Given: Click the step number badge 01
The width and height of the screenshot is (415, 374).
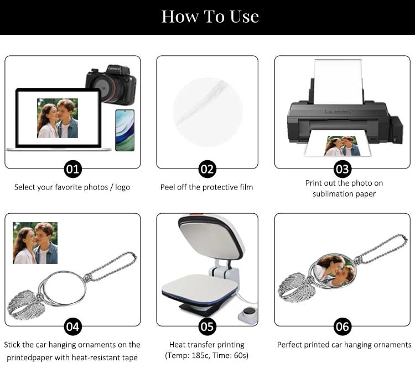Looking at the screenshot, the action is pos(73,169).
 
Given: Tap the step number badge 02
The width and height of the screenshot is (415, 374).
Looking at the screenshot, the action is pos(207,169).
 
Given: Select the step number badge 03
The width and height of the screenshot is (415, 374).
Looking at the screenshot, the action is pos(343,169).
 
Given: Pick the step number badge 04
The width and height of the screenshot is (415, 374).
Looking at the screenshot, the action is pos(73,326).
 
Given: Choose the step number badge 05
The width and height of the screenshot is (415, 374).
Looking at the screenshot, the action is pos(207,326).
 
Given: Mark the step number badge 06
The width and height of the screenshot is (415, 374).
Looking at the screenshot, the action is pos(343,326).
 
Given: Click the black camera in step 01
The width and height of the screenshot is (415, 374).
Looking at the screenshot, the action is pos(111,84).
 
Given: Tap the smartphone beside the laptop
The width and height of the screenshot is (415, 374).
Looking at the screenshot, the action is pos(125,130).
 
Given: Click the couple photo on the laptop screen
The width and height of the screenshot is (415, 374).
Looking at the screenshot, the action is pos(58,118).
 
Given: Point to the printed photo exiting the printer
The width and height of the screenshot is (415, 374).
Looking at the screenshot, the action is pos(342,146).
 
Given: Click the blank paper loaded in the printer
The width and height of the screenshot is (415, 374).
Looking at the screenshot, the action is pos(338,82).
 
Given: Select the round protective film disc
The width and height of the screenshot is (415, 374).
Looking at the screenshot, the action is pos(207,112).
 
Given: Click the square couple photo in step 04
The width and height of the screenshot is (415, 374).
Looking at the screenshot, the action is pos(35,243).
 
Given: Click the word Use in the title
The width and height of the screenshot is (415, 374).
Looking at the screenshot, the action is pos(244,17).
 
